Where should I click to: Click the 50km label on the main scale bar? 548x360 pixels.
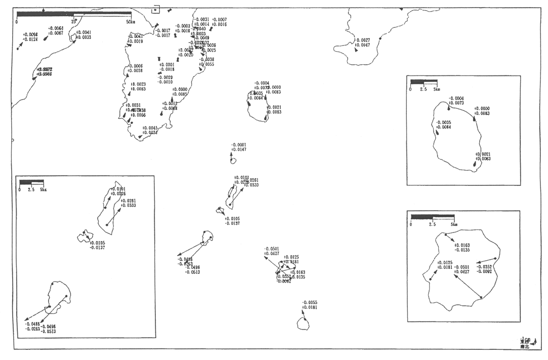point(131,22)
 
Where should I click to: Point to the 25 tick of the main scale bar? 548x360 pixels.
point(74,22)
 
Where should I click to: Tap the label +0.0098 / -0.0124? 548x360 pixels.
point(30,37)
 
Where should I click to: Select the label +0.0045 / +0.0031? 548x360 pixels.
point(150,130)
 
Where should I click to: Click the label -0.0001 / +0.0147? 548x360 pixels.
point(238,147)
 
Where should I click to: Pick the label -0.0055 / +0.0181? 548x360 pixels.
point(309,305)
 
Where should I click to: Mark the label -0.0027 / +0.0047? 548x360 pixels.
point(362,43)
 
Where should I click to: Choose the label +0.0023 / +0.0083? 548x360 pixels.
point(139,87)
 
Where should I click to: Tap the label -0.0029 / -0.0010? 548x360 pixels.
point(165,79)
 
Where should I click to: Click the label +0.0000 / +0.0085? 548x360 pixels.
point(180,92)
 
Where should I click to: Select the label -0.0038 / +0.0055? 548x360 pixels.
point(206,62)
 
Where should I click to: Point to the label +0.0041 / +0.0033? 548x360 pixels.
point(83,34)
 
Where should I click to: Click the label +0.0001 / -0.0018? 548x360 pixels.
point(166,67)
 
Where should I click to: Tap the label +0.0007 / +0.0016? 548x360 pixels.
point(219,22)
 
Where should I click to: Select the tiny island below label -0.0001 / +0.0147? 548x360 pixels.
point(233,161)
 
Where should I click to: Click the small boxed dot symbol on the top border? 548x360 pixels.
point(156,8)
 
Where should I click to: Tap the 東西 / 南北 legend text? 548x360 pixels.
point(525,344)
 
